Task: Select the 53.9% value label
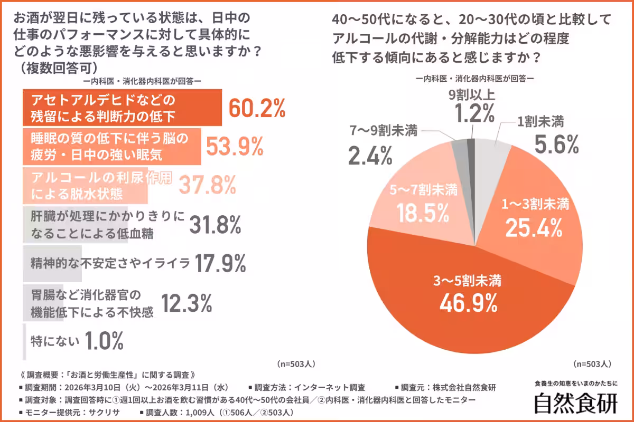(x=234, y=146)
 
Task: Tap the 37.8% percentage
(x=207, y=185)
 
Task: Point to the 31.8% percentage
(x=215, y=224)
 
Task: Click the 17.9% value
(x=220, y=263)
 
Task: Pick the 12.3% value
(x=186, y=303)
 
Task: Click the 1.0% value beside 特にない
(x=104, y=341)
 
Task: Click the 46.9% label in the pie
(x=468, y=302)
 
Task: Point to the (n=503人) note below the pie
(x=592, y=363)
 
